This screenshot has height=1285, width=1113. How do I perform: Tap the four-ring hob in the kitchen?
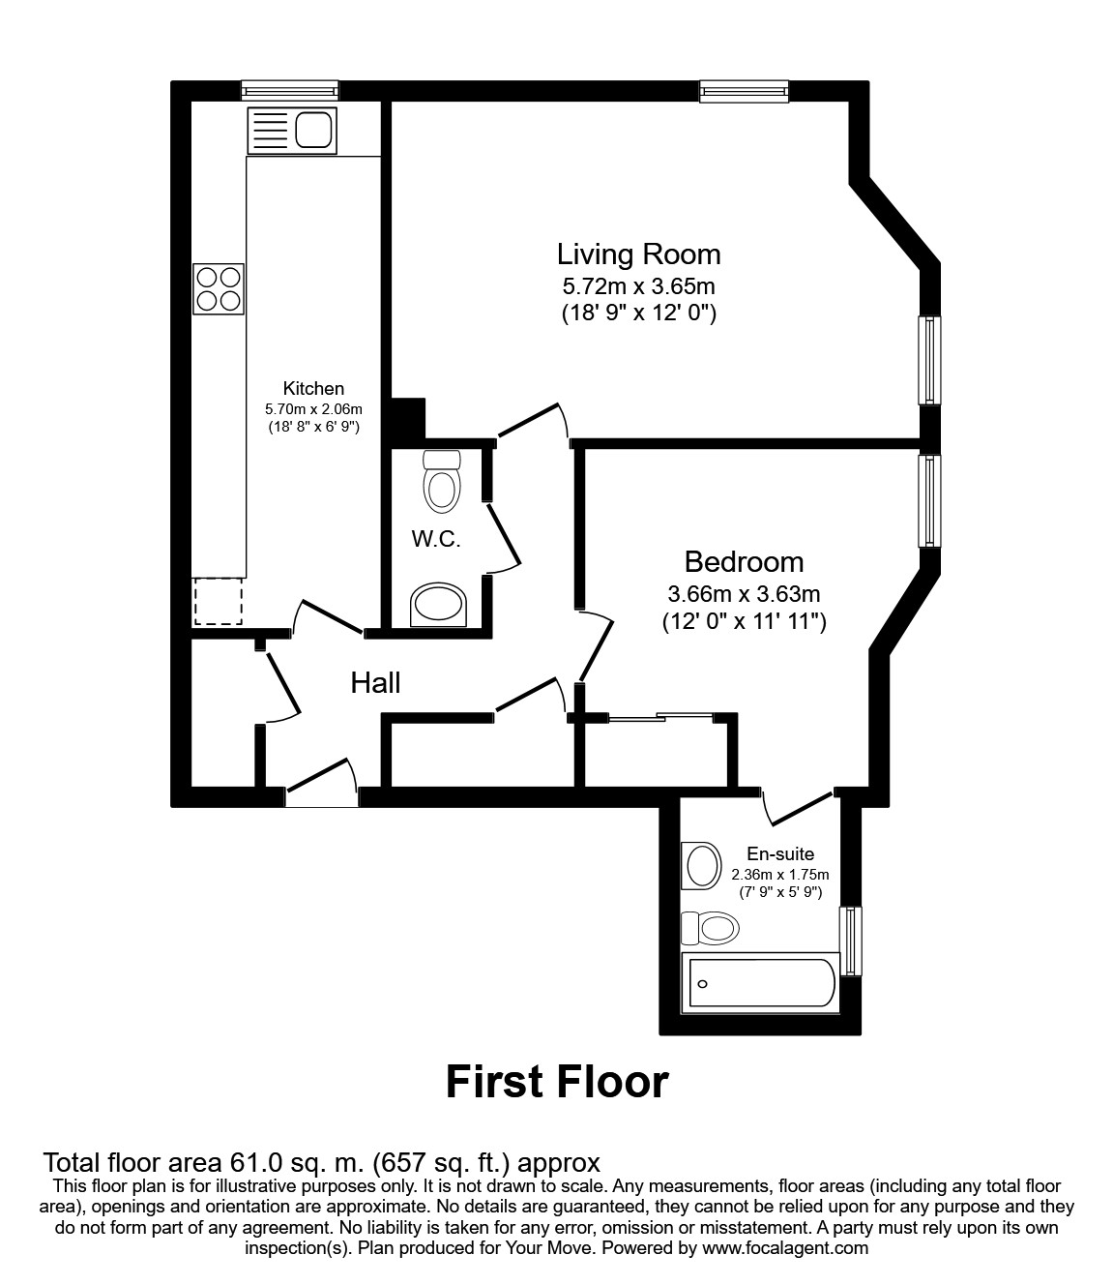click(x=218, y=288)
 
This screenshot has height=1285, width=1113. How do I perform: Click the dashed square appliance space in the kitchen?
click(x=218, y=601)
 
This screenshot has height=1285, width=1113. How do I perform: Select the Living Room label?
click(x=638, y=254)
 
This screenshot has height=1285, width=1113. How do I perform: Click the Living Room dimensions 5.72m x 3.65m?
click(x=638, y=286)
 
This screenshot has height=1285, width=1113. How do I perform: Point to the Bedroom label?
click(x=744, y=561)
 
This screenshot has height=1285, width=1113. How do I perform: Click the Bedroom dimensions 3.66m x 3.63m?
click(x=744, y=594)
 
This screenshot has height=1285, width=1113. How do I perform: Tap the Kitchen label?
click(x=313, y=388)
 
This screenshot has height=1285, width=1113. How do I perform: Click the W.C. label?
click(x=436, y=539)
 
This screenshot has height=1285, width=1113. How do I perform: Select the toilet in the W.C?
click(x=442, y=481)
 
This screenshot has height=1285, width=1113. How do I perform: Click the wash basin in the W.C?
click(x=439, y=606)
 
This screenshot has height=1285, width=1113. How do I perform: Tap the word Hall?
click(x=375, y=683)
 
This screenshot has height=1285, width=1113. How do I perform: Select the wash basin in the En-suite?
click(x=702, y=864)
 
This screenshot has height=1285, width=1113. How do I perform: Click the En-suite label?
click(x=780, y=854)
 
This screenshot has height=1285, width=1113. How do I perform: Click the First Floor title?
click(x=557, y=1082)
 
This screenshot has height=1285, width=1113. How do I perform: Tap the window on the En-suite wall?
click(x=850, y=941)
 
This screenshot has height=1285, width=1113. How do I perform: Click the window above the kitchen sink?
click(x=290, y=91)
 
